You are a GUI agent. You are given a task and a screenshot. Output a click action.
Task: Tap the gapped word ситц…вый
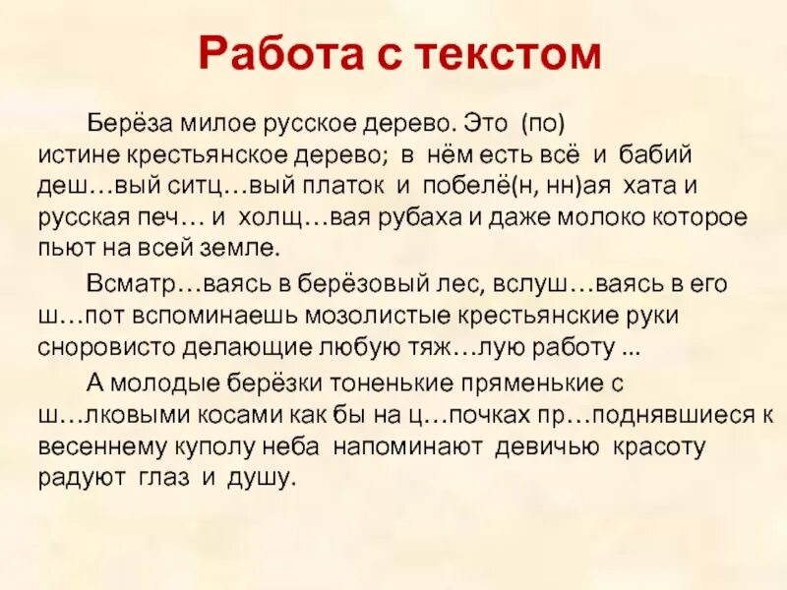200,186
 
